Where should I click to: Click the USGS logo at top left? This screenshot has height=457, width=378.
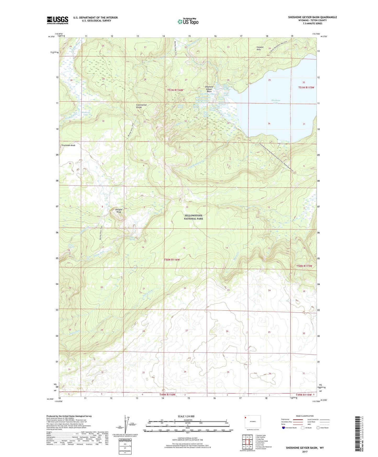pyautogui.click(x=57, y=20)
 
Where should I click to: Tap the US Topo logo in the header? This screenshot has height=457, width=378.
pyautogui.click(x=188, y=21)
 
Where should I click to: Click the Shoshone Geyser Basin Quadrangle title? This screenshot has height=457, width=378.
pyautogui.click(x=312, y=17)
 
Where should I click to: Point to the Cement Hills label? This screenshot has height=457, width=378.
pyautogui.click(x=260, y=48)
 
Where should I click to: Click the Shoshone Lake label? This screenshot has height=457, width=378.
pyautogui.click(x=275, y=102)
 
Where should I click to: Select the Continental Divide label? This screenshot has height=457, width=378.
pyautogui.click(x=141, y=106)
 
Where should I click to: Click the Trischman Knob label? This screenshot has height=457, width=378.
pyautogui.click(x=68, y=145)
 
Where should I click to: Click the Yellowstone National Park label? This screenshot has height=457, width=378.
pyautogui.click(x=193, y=217)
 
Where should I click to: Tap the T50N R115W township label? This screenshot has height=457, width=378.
pyautogui.click(x=304, y=266)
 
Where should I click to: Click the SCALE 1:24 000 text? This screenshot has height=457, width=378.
pyautogui.click(x=188, y=416)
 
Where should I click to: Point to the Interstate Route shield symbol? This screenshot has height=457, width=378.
pyautogui.click(x=284, y=428)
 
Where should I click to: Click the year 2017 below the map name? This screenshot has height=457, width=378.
pyautogui.click(x=304, y=452)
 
